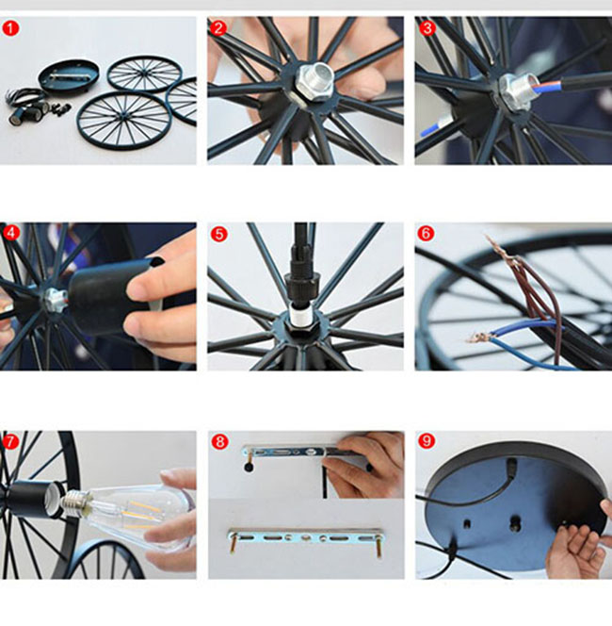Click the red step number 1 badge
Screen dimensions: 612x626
[10, 28]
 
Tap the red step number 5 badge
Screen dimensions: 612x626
[219, 234]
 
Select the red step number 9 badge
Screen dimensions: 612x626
[427, 441]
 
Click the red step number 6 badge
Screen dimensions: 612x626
[426, 233]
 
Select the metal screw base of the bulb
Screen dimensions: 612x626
[75, 503]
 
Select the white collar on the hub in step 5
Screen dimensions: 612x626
[299, 315]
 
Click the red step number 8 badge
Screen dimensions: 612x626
[219, 442]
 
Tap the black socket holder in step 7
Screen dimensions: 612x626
[30, 499]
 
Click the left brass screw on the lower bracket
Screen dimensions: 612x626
[232, 543]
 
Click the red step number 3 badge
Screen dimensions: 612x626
[427, 28]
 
